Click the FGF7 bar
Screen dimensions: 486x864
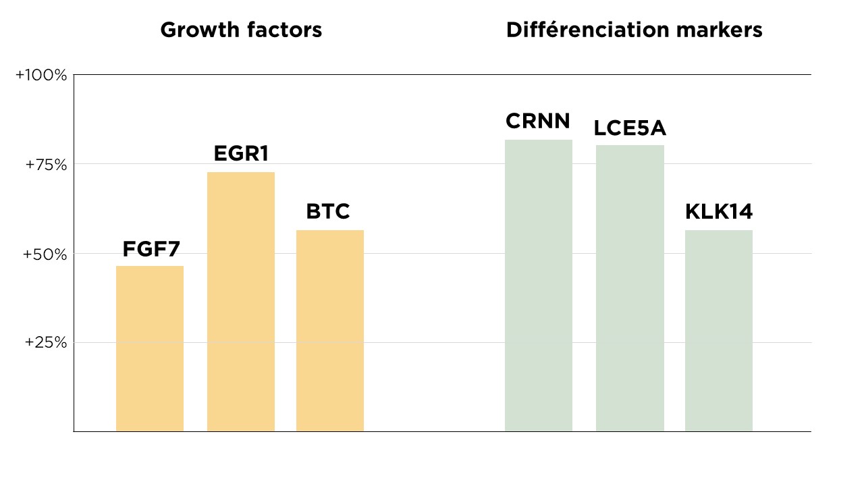(150, 348)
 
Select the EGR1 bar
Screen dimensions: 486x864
(241, 302)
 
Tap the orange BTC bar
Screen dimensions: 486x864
(330, 331)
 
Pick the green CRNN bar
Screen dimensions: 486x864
(539, 286)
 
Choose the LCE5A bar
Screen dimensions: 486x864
(630, 288)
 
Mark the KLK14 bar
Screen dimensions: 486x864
(719, 331)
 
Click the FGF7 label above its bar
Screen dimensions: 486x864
(151, 250)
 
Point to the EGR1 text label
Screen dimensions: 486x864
(241, 155)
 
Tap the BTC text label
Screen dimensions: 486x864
(328, 212)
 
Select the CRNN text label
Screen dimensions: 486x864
(538, 122)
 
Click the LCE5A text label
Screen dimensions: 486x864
(630, 128)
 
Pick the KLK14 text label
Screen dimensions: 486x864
(719, 212)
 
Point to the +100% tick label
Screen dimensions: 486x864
(41, 76)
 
